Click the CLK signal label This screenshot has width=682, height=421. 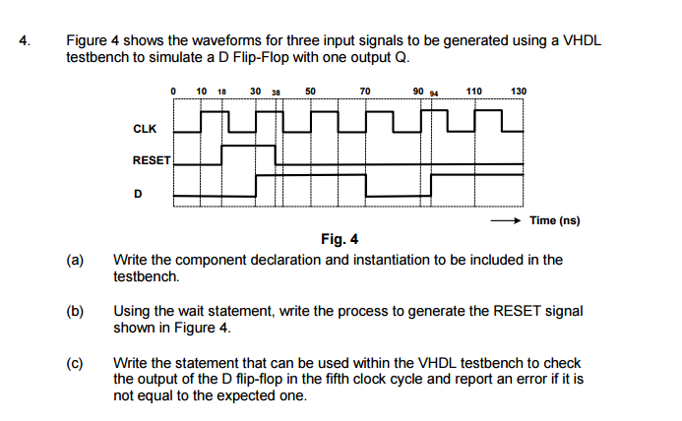click(145, 129)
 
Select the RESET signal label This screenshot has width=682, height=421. click(152, 160)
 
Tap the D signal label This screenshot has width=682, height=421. click(138, 194)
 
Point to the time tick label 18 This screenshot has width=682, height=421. click(221, 91)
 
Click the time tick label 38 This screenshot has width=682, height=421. click(276, 92)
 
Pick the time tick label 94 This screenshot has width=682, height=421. click(434, 93)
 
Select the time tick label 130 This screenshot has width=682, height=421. click(519, 91)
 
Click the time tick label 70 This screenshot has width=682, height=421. click(365, 91)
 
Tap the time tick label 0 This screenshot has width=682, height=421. click(173, 91)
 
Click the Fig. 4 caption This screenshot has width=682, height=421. click(340, 239)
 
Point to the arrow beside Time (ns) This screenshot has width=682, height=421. click(506, 220)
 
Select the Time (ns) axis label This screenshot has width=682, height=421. click(555, 220)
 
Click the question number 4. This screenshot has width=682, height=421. click(25, 40)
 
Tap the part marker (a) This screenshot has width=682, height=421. click(75, 260)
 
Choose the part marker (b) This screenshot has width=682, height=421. click(75, 311)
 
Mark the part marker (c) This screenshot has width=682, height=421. click(75, 363)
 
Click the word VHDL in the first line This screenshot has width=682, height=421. click(583, 40)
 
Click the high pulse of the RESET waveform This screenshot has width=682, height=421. click(248, 147)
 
